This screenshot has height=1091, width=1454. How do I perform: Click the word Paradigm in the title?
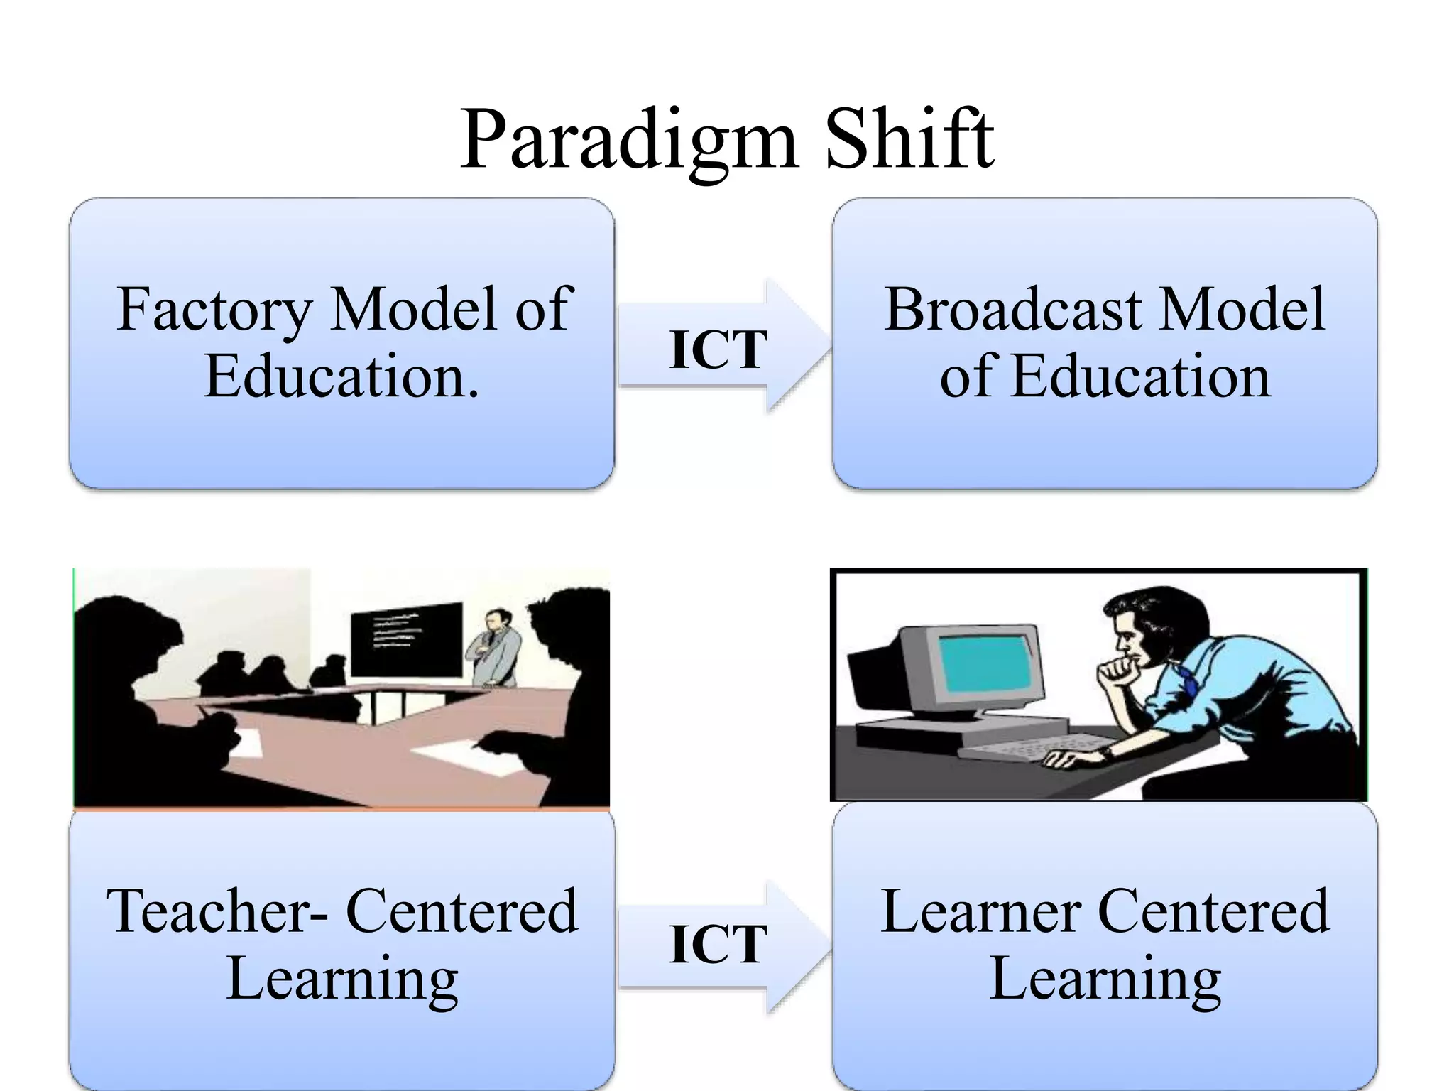coord(629,140)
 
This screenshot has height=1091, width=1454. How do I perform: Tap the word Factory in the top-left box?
coord(214,310)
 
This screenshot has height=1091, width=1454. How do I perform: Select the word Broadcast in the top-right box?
coord(1013,310)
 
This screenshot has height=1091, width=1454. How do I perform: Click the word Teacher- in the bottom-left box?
coord(217,912)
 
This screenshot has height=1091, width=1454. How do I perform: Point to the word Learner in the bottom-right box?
coord(981,912)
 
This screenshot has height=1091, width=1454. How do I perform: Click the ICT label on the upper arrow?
coord(718,349)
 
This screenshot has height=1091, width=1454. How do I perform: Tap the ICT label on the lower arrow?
coord(718,945)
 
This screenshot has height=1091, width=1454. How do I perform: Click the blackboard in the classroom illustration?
coord(406,639)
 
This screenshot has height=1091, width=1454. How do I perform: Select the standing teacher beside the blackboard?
coord(491,646)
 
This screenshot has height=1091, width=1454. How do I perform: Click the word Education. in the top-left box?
coord(341,376)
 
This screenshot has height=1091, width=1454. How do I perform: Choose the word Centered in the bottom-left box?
coord(461,912)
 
